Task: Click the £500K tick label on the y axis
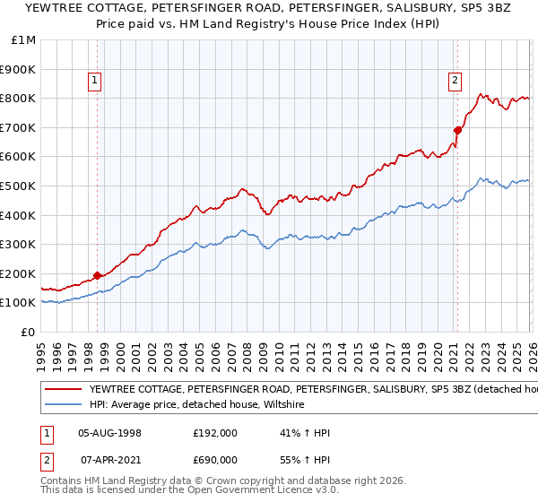[x=18, y=186]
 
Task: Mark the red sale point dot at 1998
[x=97, y=276]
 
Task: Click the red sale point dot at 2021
[x=456, y=130]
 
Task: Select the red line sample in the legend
[x=63, y=390]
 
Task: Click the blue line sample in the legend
[x=63, y=405]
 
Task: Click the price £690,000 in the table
[x=215, y=459]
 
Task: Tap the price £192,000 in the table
[x=215, y=432]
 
